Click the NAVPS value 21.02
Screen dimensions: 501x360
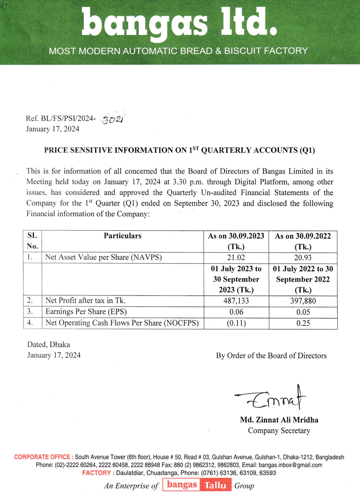click(236, 258)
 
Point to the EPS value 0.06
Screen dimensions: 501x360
click(236, 312)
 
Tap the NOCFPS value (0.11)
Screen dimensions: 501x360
click(236, 323)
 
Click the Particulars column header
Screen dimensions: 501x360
click(122, 236)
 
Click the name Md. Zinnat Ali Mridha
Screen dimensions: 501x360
click(279, 420)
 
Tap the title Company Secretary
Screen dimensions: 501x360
click(279, 431)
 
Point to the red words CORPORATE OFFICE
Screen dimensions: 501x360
click(44, 457)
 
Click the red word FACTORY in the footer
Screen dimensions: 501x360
click(98, 473)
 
